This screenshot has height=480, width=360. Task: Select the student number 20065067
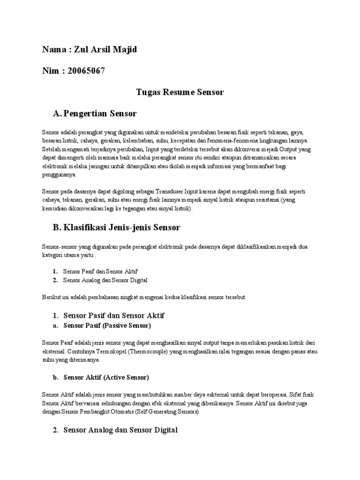86,71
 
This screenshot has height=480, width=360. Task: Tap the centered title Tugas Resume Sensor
180,92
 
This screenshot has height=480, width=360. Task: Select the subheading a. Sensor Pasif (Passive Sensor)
107,325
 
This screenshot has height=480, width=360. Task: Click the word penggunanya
59,174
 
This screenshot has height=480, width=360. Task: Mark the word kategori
53,255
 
